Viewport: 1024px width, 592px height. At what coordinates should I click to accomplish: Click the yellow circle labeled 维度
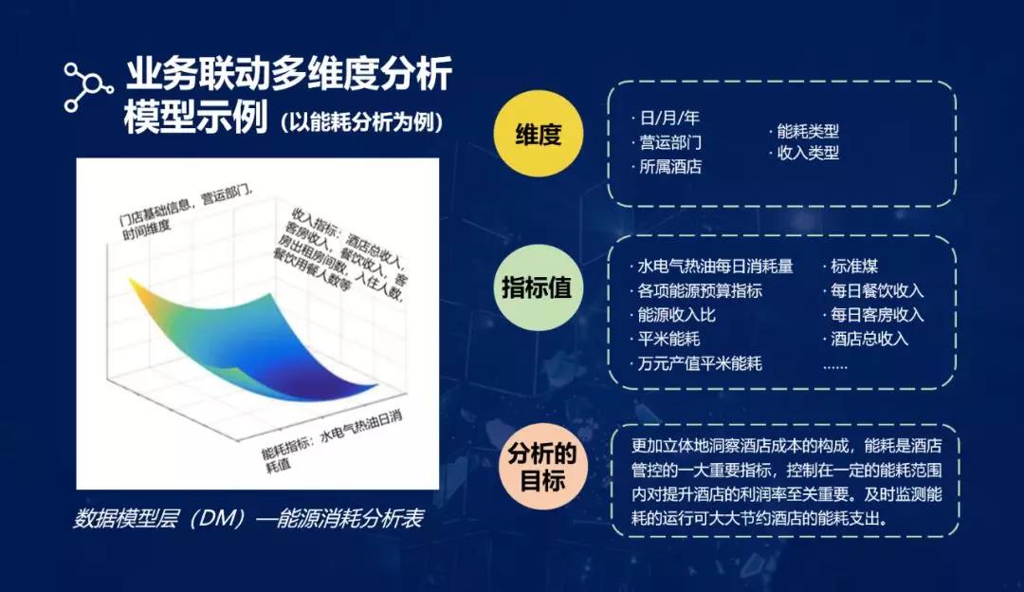(x=538, y=134)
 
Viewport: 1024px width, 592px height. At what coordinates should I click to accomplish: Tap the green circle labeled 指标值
(x=536, y=287)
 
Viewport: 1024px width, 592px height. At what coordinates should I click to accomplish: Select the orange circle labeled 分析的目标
(x=542, y=467)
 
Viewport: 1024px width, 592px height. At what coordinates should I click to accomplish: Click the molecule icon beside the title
(x=88, y=87)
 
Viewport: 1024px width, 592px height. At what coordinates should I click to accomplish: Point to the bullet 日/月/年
(x=666, y=118)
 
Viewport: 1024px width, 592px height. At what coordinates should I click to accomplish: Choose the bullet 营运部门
(x=667, y=142)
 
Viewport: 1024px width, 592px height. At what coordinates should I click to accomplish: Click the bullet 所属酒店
(x=667, y=167)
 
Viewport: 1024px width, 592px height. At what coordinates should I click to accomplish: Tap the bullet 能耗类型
(x=804, y=131)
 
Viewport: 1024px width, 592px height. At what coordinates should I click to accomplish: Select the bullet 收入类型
(x=804, y=153)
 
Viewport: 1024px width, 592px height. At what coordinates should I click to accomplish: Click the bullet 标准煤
(x=850, y=266)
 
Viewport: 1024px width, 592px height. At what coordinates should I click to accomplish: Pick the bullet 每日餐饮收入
(x=873, y=290)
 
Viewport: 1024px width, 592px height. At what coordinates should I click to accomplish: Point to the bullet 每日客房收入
(x=873, y=314)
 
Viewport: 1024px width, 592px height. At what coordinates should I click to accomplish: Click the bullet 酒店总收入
(x=866, y=339)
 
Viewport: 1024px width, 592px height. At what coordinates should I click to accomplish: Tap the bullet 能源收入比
(x=672, y=314)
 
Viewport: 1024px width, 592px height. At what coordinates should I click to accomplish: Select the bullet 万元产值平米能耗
(x=696, y=363)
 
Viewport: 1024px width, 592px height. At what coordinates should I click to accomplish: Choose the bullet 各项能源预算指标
(x=696, y=290)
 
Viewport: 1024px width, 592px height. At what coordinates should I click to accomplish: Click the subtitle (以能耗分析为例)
(x=362, y=121)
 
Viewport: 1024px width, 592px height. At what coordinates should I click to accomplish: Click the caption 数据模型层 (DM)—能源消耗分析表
(x=248, y=518)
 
